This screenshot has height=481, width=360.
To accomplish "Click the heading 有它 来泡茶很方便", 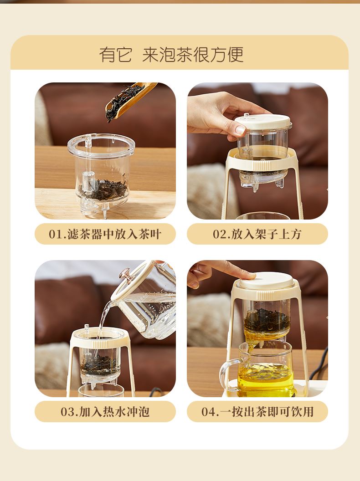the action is (x=171, y=55).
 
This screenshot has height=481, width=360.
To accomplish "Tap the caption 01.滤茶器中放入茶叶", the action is (x=105, y=234).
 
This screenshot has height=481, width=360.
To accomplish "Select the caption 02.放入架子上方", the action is (x=257, y=234).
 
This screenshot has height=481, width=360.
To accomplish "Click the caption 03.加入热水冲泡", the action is (x=105, y=412).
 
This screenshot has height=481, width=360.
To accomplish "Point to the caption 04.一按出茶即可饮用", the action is (x=257, y=412).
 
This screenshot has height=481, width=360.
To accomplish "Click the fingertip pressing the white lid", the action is (x=249, y=276).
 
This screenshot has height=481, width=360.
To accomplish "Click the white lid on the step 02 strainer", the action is (x=263, y=122).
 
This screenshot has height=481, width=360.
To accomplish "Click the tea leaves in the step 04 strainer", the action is (x=267, y=321).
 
